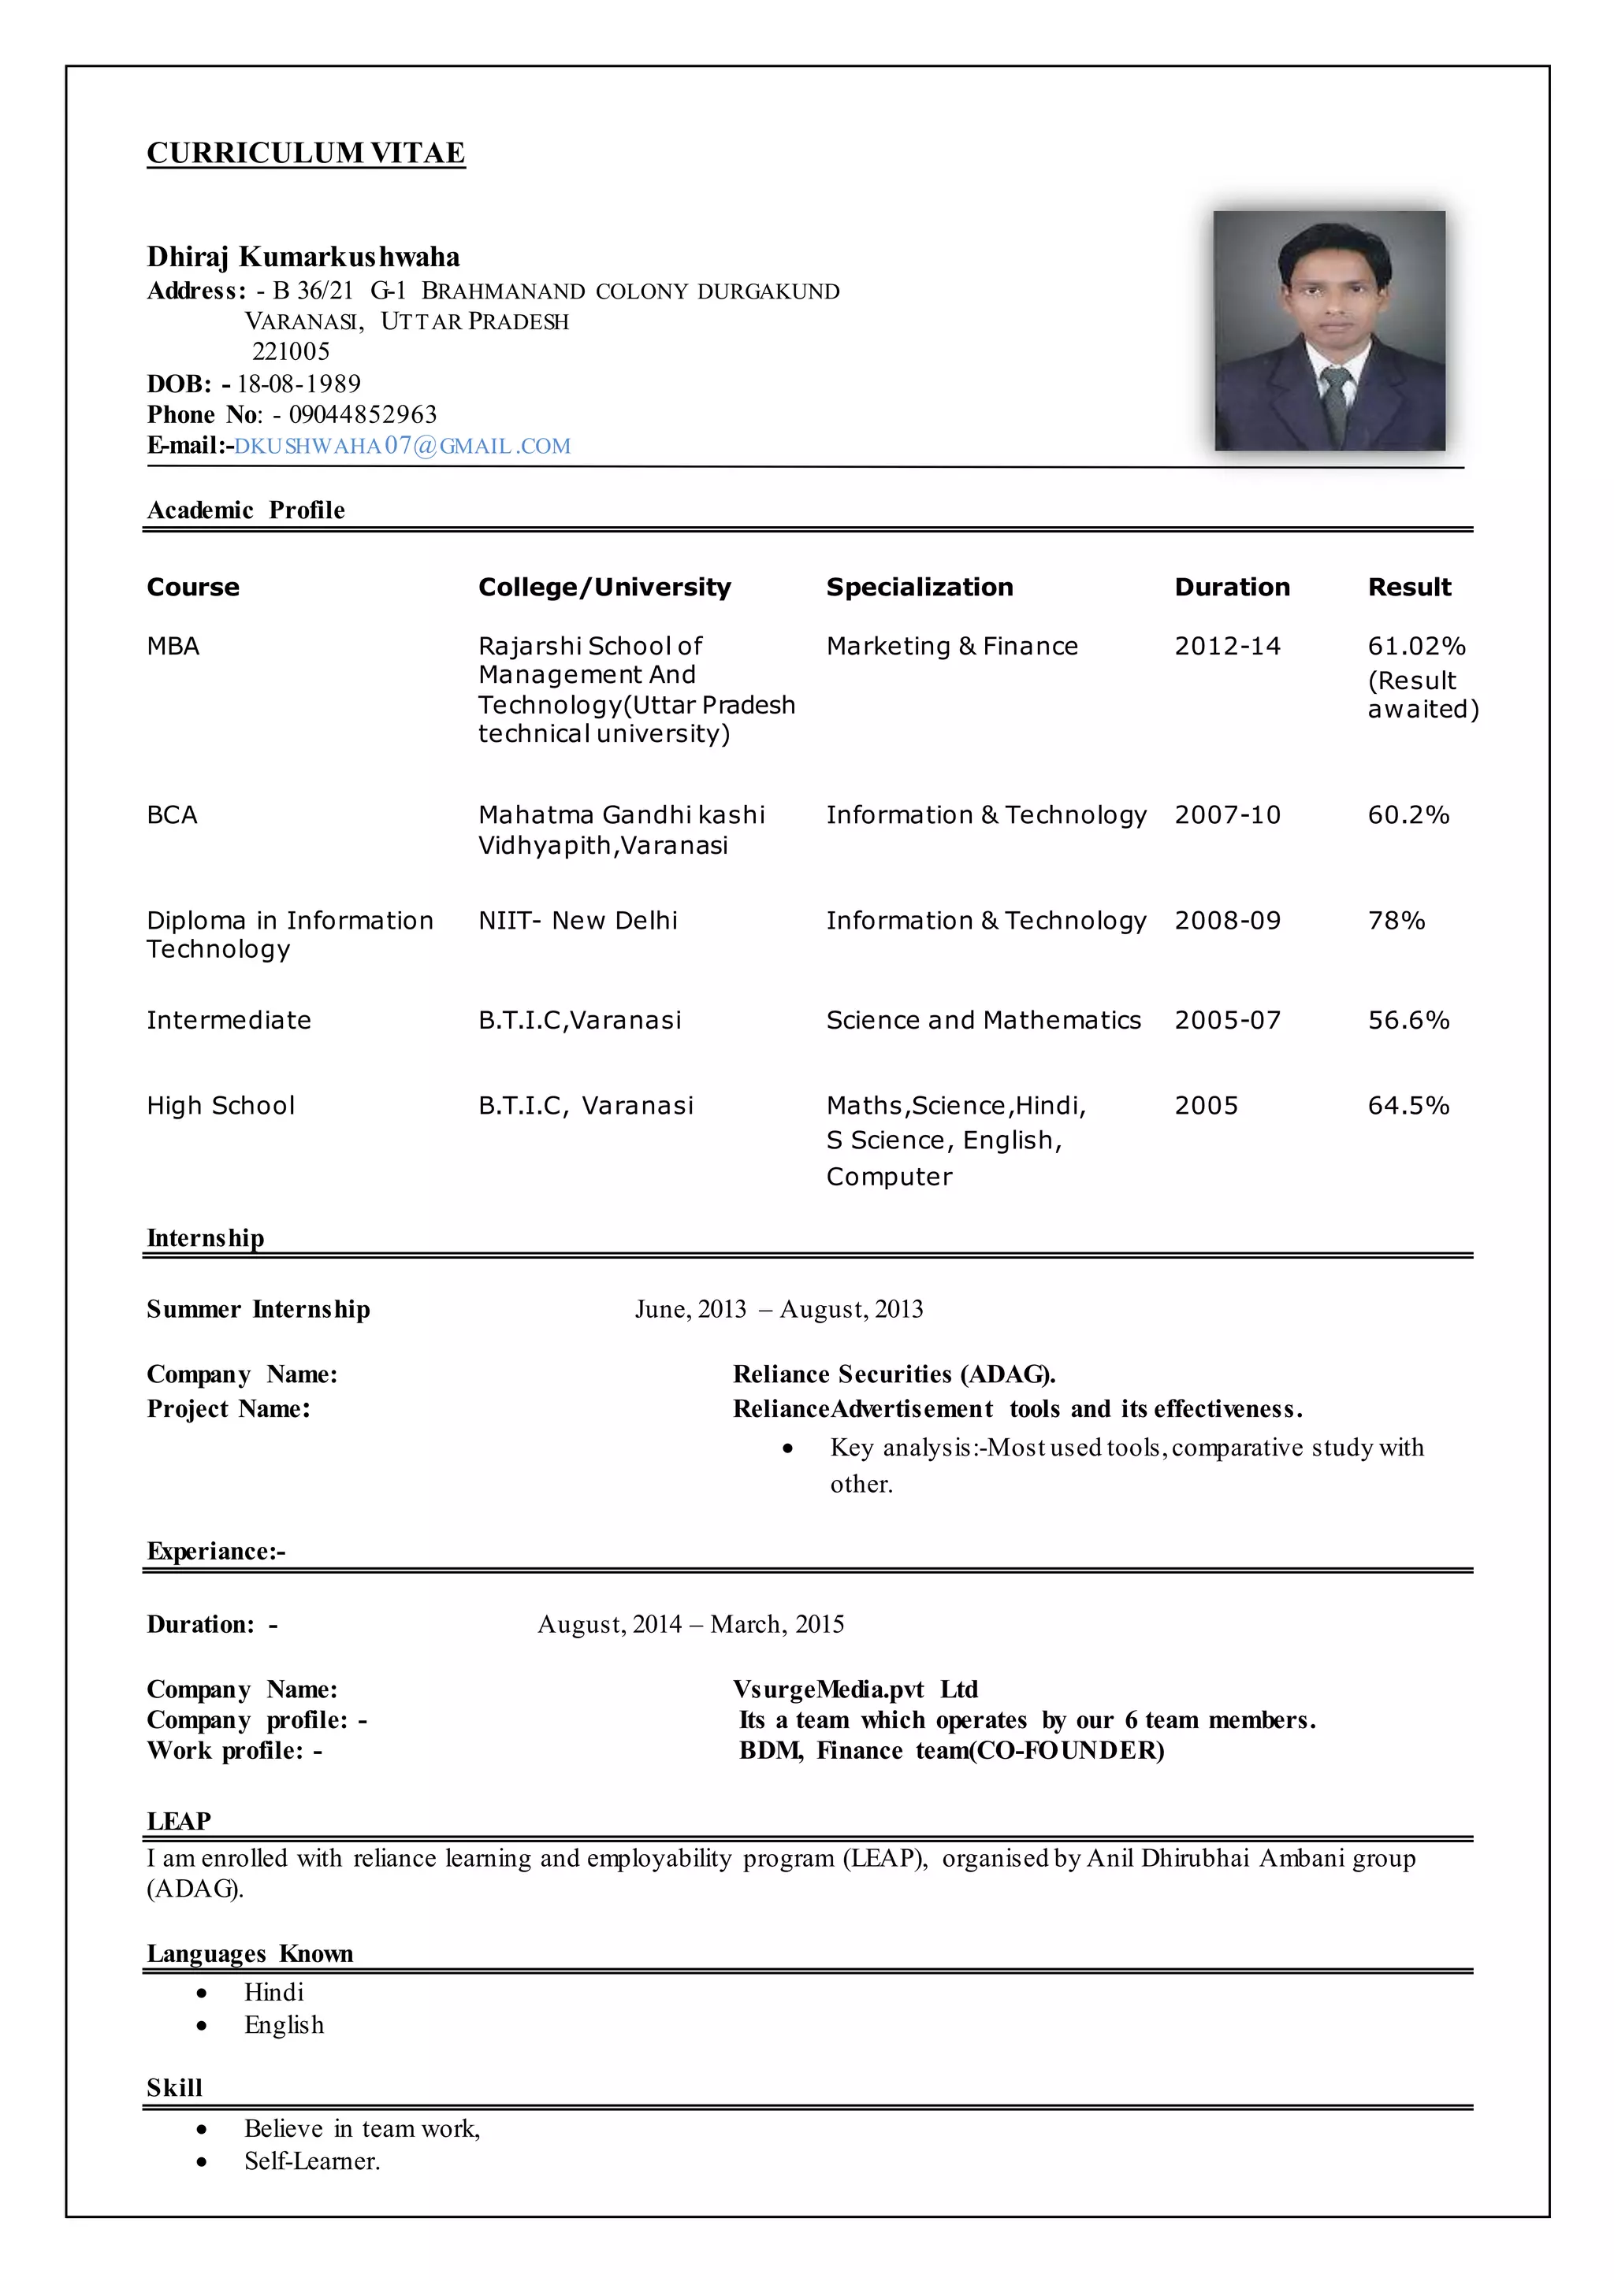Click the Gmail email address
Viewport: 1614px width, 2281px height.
pyautogui.click(x=403, y=446)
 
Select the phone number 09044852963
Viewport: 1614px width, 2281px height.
pyautogui.click(x=363, y=414)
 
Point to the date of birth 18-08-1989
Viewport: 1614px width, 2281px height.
pyautogui.click(x=298, y=384)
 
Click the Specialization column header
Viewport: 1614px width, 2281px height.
pyautogui.click(x=920, y=587)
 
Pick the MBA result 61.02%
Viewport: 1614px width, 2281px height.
pyautogui.click(x=1416, y=646)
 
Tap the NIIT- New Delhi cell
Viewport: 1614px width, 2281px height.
pyautogui.click(x=578, y=920)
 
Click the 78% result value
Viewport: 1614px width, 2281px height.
pyautogui.click(x=1396, y=920)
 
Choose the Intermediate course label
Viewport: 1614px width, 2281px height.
pyautogui.click(x=229, y=1020)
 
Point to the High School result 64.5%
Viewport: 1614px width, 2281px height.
pyautogui.click(x=1408, y=1106)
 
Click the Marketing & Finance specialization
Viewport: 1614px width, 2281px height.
pyautogui.click(x=951, y=646)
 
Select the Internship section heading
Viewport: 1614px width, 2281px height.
pyautogui.click(x=206, y=1238)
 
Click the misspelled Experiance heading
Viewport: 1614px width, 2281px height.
pyautogui.click(x=216, y=1551)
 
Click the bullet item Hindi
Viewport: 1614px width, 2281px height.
pyautogui.click(x=274, y=1992)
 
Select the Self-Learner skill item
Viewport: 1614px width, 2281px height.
pyautogui.click(x=312, y=2160)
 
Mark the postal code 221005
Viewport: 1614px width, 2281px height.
pyautogui.click(x=290, y=352)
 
